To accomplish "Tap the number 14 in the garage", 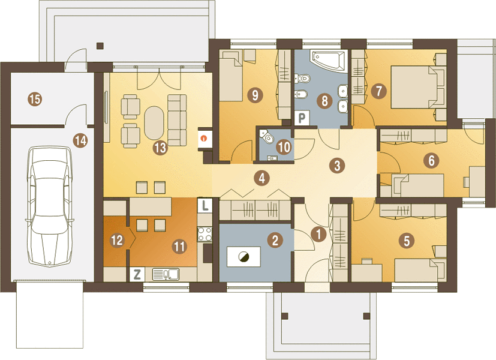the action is click(80, 140).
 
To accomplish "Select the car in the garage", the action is click(49, 206).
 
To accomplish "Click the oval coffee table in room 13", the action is click(154, 123).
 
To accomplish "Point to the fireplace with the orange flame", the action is click(205, 138).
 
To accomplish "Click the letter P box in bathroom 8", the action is click(302, 118).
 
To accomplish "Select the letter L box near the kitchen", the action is click(205, 205).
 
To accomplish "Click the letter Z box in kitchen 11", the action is click(137, 274).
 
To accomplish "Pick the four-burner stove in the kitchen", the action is click(205, 234).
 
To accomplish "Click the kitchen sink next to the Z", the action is click(166, 274).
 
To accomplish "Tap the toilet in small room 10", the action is click(266, 137).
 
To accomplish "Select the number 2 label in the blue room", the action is click(275, 240).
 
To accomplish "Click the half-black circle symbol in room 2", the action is click(244, 257).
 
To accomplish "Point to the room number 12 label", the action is click(117, 240).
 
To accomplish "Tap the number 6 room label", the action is click(431, 160).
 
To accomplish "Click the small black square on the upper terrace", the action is click(100, 46).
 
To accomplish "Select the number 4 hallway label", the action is click(262, 178).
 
